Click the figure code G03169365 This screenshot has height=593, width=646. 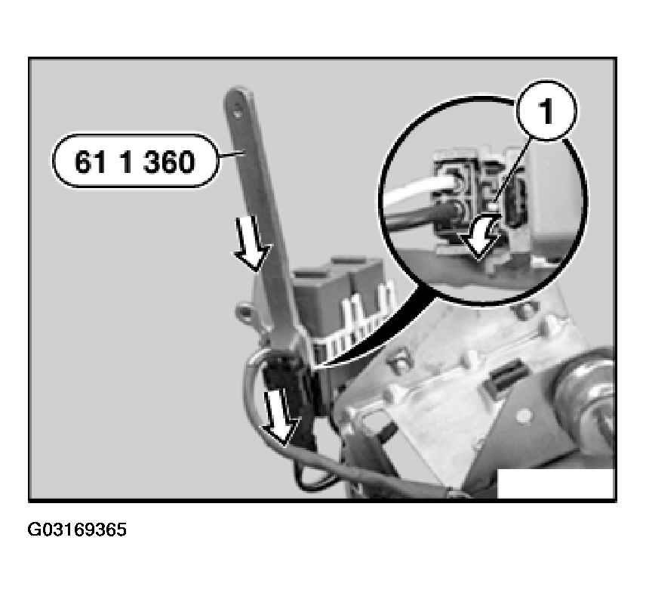pos(77,530)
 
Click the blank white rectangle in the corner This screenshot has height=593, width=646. pos(555,483)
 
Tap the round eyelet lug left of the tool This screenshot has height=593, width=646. pos(244,311)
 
